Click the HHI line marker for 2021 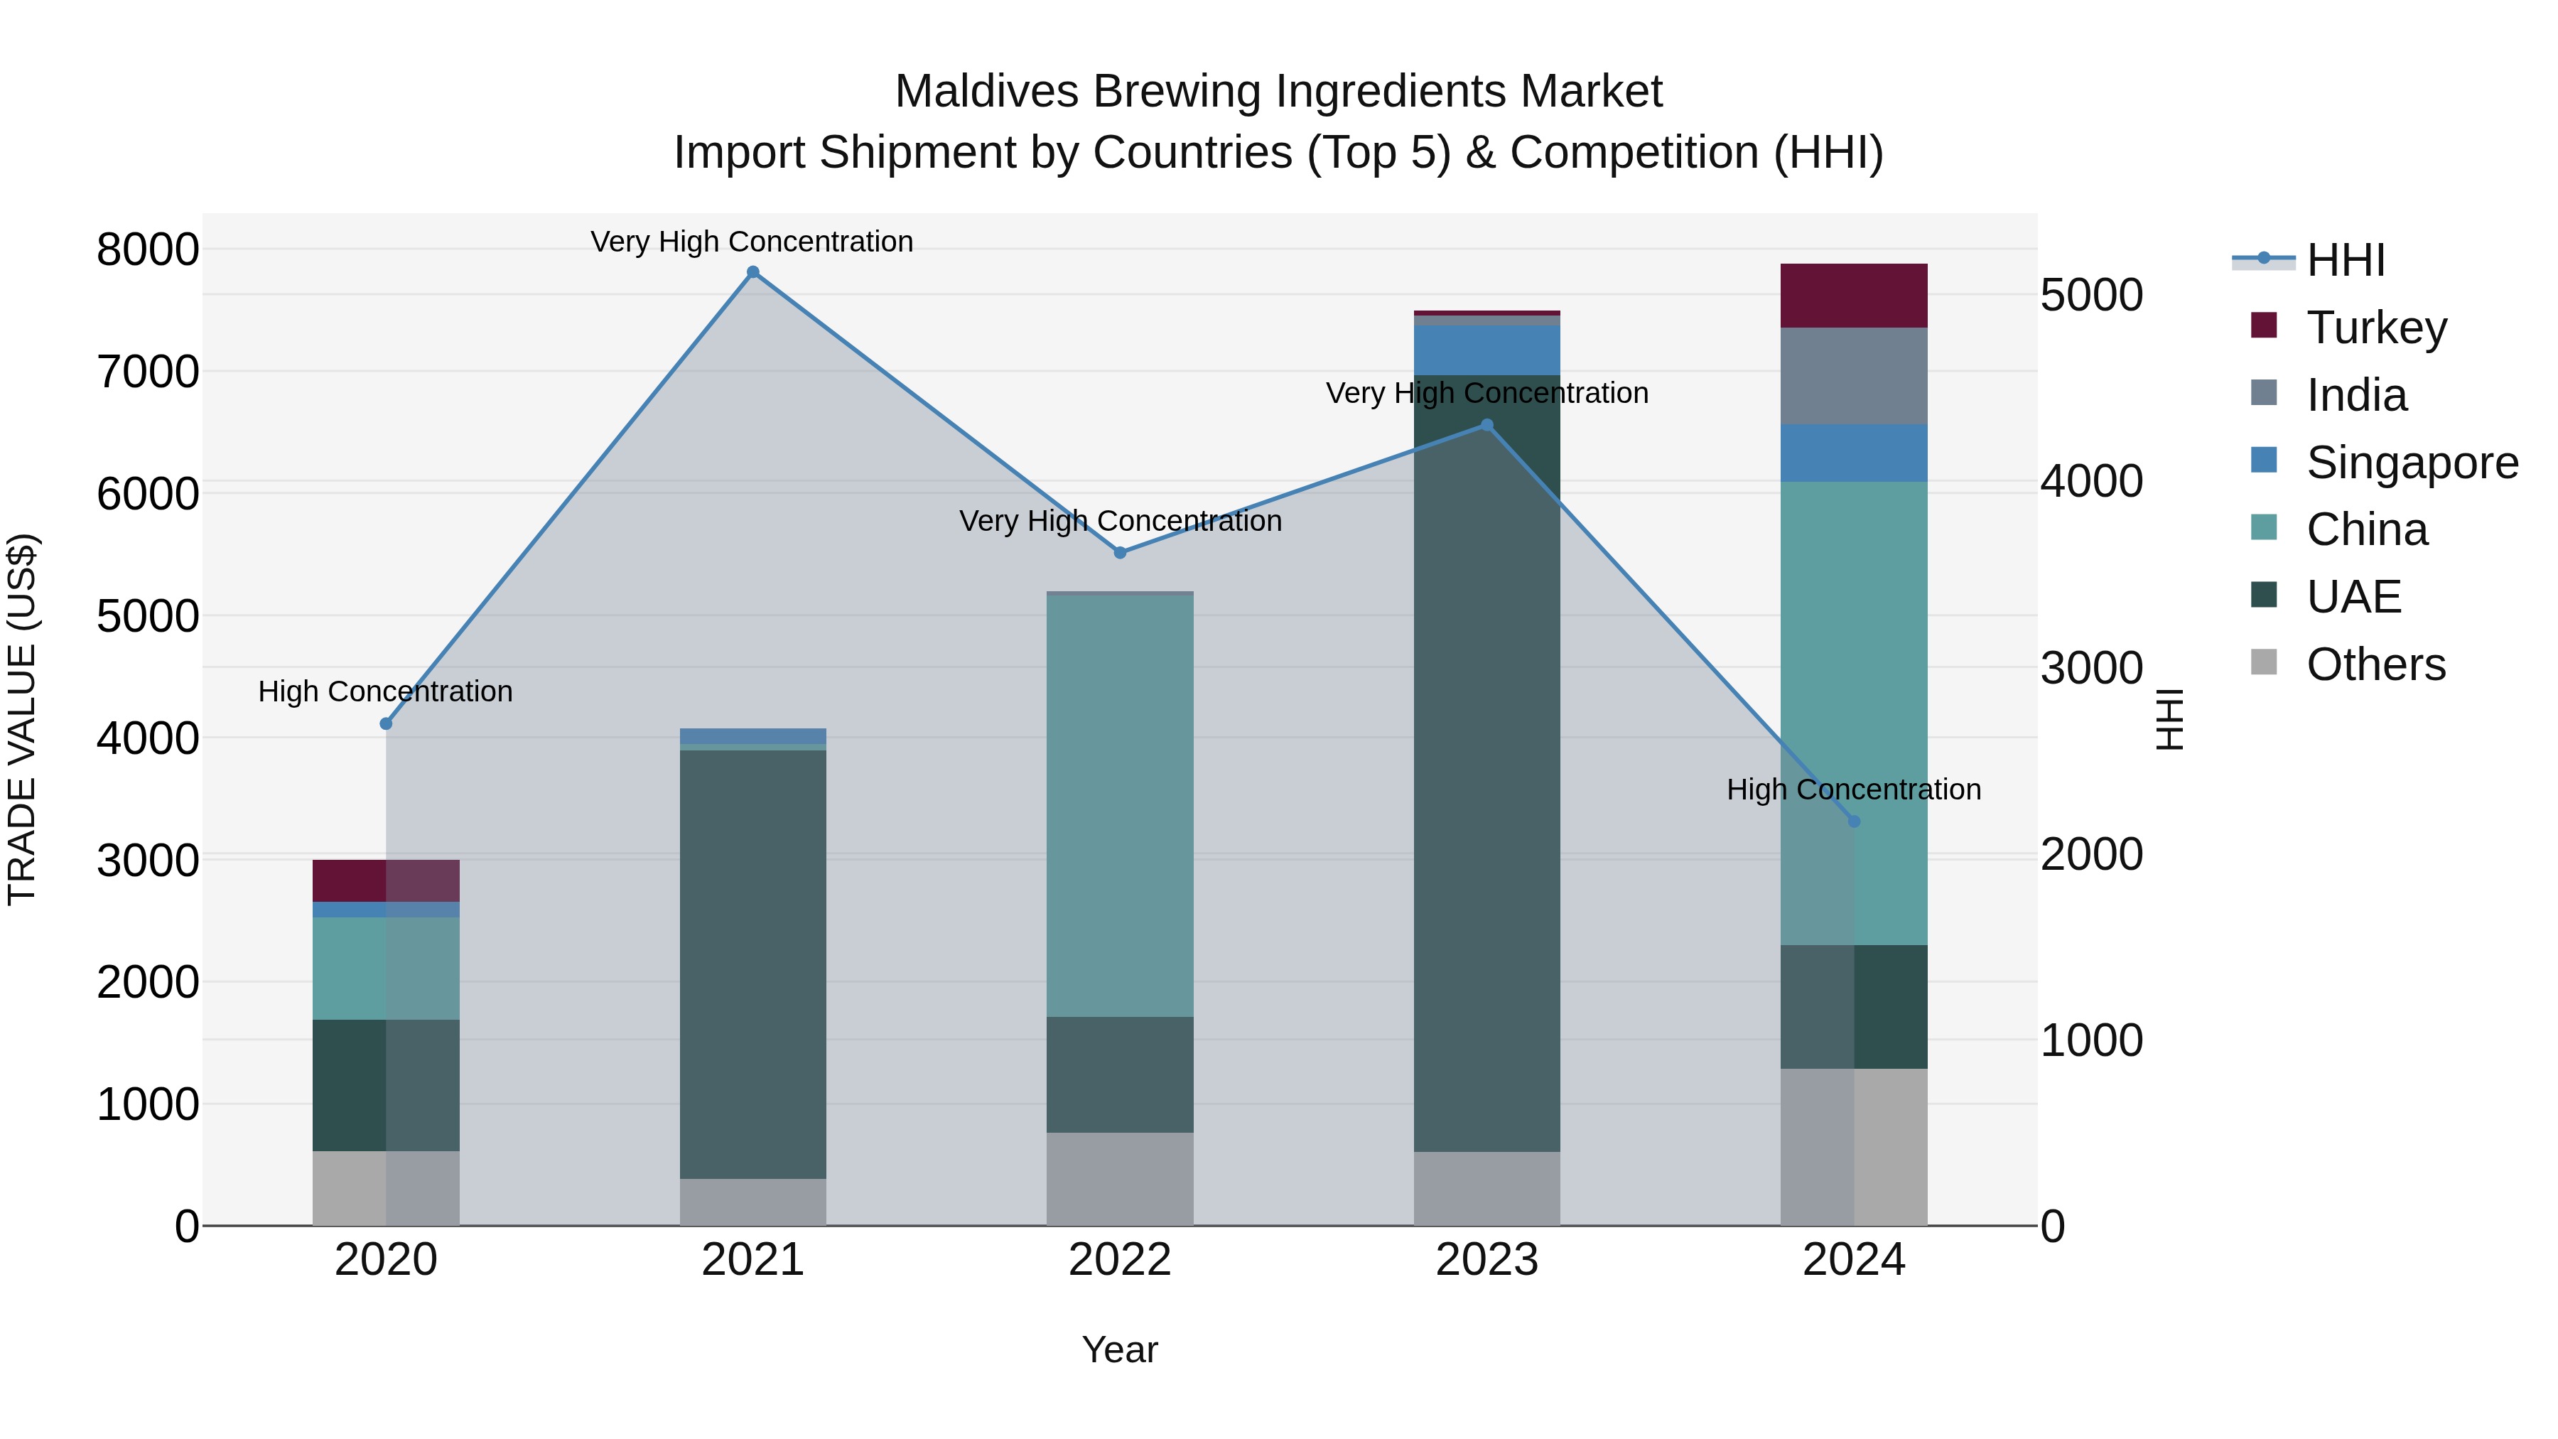tap(752, 272)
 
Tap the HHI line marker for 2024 tap(1853, 821)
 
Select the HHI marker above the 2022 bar tap(1120, 552)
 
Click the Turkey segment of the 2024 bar tap(1853, 296)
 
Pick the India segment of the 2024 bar tap(1853, 377)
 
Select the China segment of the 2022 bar tap(1120, 804)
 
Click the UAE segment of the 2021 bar tap(752, 964)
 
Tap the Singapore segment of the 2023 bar tap(1486, 350)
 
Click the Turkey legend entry tap(2376, 328)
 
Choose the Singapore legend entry tap(2411, 463)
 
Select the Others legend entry tap(2375, 664)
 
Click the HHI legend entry tap(2346, 260)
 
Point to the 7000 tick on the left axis tap(147, 372)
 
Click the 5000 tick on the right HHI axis tap(2091, 295)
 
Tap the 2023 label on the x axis tap(1486, 1260)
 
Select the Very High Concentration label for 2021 tap(752, 242)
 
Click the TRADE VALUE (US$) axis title tap(22, 719)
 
